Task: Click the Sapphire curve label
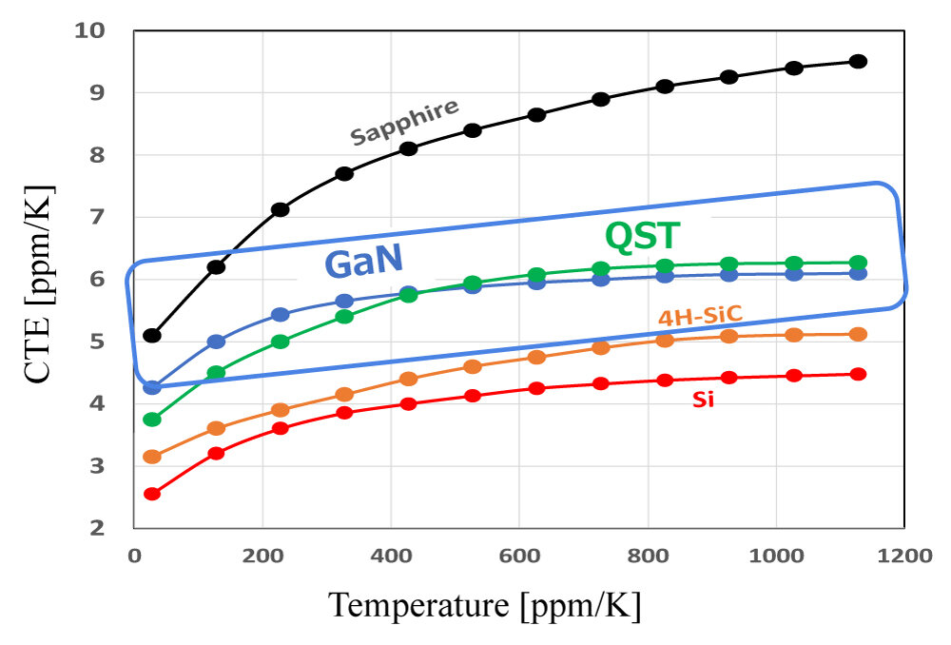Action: point(404,122)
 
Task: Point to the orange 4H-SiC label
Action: point(701,316)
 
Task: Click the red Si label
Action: point(703,401)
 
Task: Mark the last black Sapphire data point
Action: point(858,61)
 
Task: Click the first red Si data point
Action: point(152,494)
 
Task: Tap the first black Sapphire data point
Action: point(152,335)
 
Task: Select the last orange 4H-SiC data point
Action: point(858,334)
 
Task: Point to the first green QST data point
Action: point(152,420)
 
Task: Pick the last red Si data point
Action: point(858,374)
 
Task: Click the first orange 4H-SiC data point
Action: point(152,457)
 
